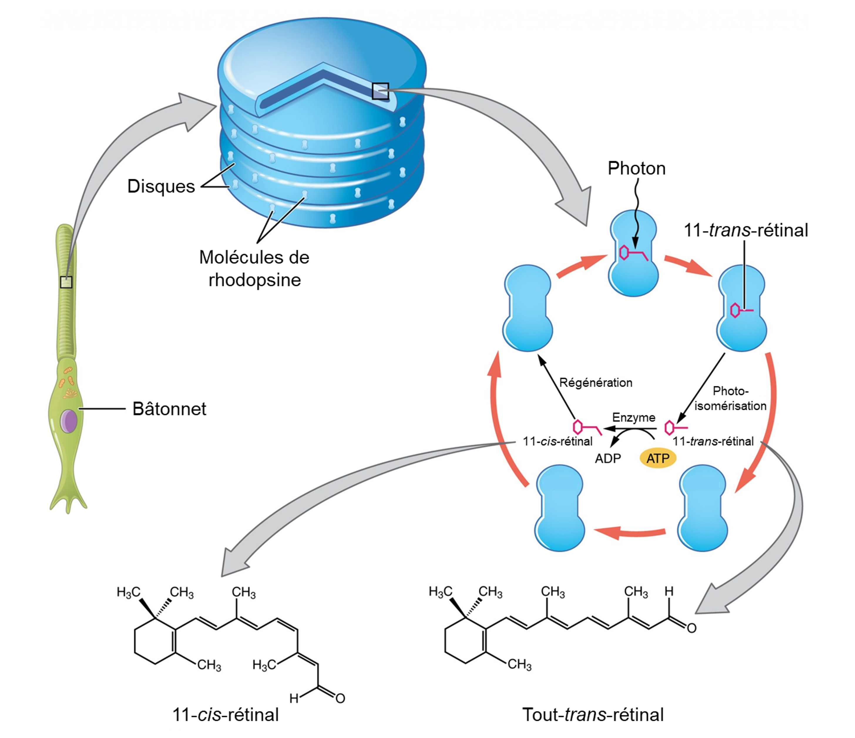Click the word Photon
point(637,168)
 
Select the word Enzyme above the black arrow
point(634,417)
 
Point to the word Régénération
point(595,383)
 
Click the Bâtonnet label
point(169,409)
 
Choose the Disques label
point(161,186)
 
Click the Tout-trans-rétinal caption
point(593,714)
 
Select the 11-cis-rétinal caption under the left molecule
point(225,714)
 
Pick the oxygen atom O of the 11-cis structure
point(340,698)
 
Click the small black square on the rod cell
point(66,282)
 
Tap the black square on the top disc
point(380,91)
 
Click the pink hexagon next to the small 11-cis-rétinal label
point(578,427)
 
